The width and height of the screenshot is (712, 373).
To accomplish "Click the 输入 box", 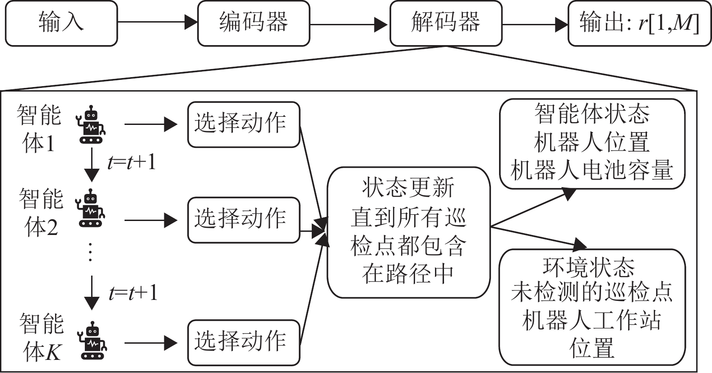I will click(61, 23).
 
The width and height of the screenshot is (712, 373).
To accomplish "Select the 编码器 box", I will click(254, 23).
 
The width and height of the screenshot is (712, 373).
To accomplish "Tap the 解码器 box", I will click(446, 23).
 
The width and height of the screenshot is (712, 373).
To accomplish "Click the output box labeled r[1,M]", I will click(639, 23).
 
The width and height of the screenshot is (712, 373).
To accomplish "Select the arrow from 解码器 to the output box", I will click(535, 24).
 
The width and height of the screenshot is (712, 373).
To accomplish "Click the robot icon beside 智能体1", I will click(92, 125).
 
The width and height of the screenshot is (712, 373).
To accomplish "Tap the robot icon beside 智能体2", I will click(92, 208).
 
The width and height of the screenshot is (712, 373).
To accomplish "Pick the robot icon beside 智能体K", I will click(92, 341).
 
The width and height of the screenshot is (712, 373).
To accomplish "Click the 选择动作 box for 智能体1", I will click(244, 124).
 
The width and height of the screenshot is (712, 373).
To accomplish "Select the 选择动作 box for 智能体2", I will click(244, 220).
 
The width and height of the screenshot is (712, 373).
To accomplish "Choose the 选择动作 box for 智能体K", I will click(244, 342).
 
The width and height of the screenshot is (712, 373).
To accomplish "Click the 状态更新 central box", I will click(408, 232).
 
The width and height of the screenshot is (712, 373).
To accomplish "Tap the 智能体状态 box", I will click(592, 143).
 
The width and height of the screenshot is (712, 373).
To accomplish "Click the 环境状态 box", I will click(592, 307).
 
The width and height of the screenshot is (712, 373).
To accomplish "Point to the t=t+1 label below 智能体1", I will click(132, 161).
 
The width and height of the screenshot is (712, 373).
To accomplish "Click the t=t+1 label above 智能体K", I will click(133, 293).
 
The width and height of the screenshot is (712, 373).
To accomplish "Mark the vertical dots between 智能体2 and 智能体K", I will click(91, 252).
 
